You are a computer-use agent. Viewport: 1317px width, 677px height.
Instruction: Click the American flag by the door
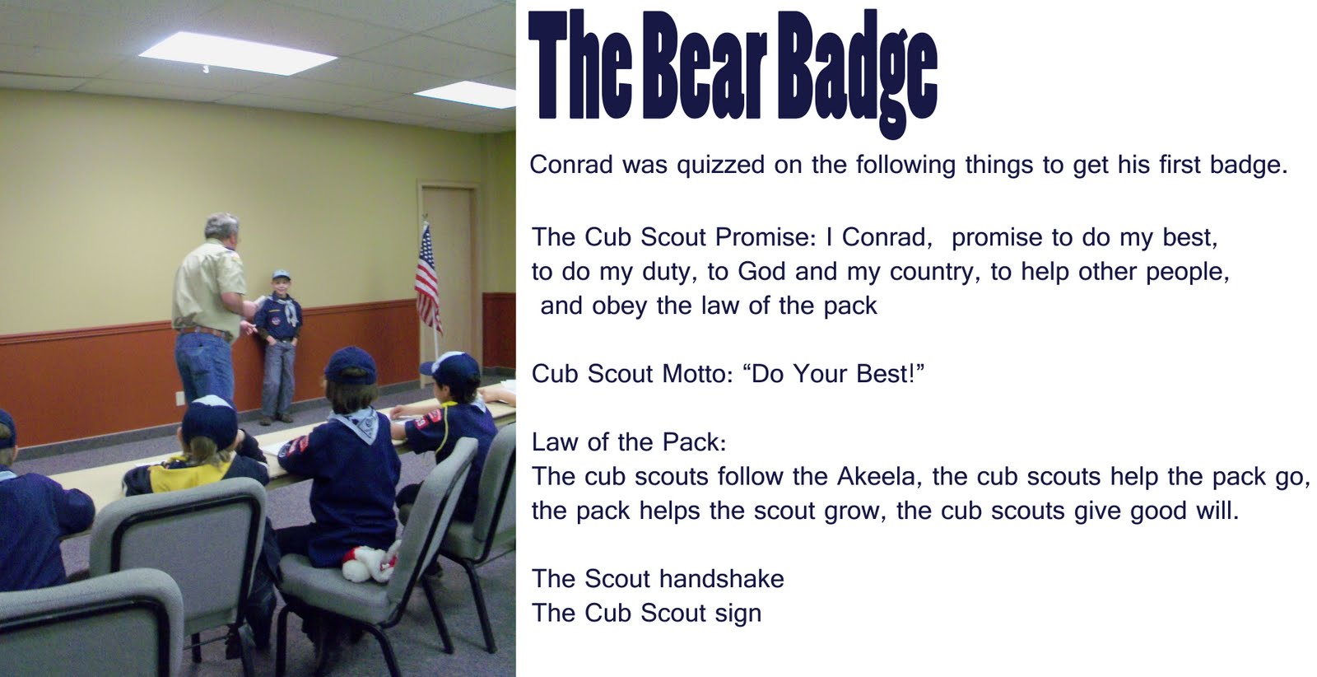click(x=428, y=279)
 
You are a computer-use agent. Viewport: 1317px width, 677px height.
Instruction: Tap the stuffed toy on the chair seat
click(x=370, y=563)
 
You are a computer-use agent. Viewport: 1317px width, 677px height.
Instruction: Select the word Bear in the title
click(x=705, y=66)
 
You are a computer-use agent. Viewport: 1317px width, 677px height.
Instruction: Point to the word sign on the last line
click(x=738, y=614)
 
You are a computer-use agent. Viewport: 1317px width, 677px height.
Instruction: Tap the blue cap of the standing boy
click(x=281, y=275)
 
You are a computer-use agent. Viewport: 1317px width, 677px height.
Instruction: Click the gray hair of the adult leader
click(x=221, y=226)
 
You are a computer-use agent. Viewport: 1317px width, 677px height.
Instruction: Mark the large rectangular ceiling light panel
click(x=238, y=53)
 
